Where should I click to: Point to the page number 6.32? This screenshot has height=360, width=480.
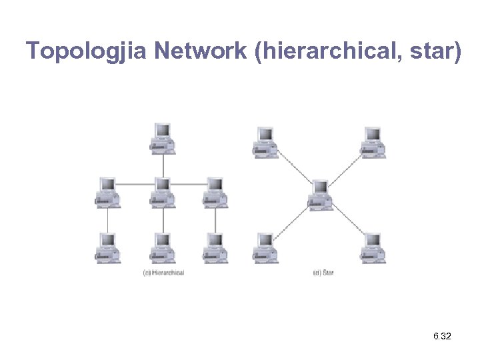(441, 337)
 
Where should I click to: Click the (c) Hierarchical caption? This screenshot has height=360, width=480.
(164, 273)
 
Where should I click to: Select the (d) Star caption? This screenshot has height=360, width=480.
(323, 273)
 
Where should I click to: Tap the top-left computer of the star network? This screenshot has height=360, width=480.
(265, 142)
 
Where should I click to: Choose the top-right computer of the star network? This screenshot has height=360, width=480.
(373, 142)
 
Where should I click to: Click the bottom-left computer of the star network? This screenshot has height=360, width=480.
(265, 247)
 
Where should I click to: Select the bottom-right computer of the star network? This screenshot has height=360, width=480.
(373, 247)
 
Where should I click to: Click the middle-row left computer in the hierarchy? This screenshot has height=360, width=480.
(107, 192)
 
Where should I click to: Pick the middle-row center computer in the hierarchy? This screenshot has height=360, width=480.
(162, 192)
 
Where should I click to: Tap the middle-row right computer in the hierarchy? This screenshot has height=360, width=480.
(215, 192)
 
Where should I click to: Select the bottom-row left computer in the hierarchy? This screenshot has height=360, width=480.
(107, 247)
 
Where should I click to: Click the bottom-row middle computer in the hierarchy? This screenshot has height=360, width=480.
(162, 247)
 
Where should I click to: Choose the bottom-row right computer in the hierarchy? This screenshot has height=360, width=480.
(215, 247)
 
